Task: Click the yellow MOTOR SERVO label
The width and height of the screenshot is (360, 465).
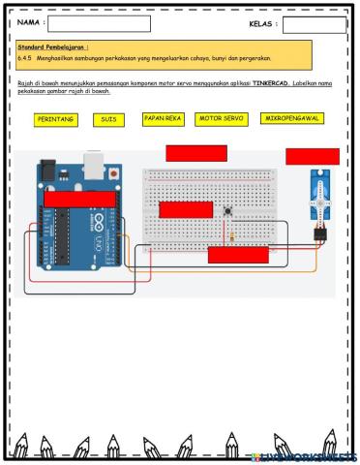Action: (221, 118)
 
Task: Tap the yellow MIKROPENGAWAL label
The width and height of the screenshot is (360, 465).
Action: (292, 118)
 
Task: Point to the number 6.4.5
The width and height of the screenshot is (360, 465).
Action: (26, 57)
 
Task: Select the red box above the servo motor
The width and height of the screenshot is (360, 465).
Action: (312, 156)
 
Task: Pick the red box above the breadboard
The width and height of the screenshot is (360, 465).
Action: (196, 152)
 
